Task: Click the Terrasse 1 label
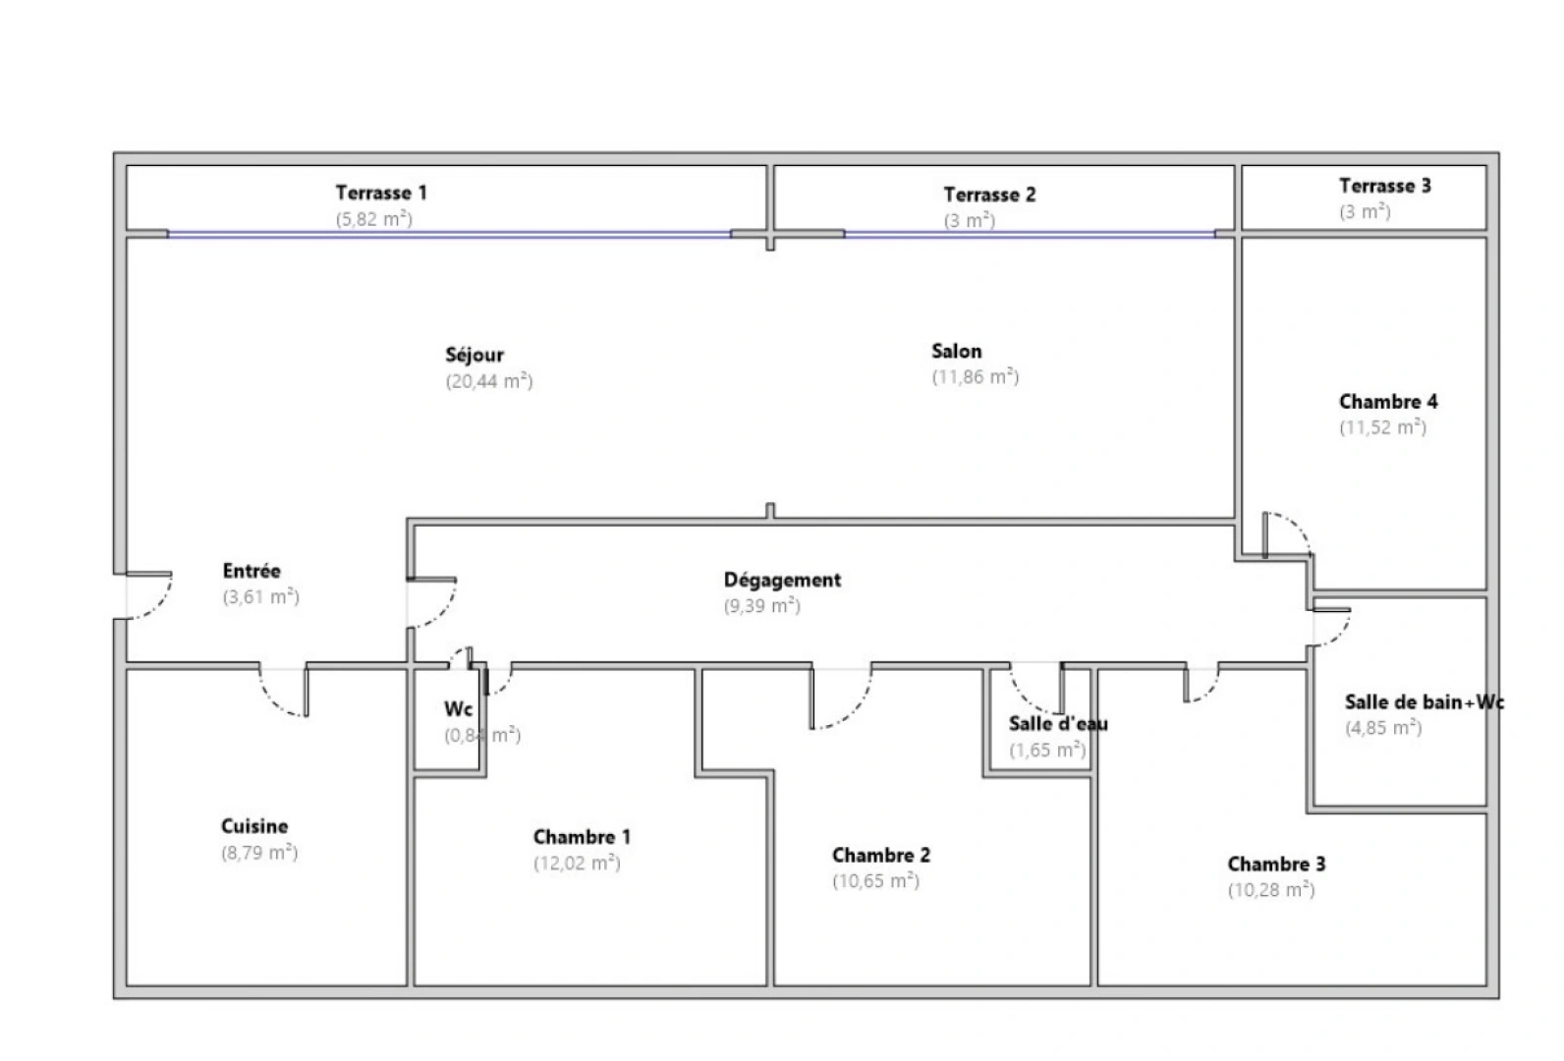click(x=381, y=193)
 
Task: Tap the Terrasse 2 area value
click(x=969, y=221)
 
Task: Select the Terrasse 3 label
click(x=1384, y=186)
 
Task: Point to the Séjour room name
click(x=475, y=355)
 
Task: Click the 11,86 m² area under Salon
click(x=975, y=377)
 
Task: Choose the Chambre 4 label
click(x=1387, y=401)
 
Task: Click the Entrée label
click(x=251, y=571)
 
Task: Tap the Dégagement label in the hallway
click(x=782, y=580)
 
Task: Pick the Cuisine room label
click(x=254, y=826)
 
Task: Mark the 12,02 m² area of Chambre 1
click(x=577, y=864)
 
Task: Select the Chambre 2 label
click(x=880, y=855)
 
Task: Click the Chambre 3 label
click(x=1275, y=865)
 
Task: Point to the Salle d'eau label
click(x=1058, y=724)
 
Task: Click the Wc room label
click(x=458, y=708)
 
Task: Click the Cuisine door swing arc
click(x=279, y=699)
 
